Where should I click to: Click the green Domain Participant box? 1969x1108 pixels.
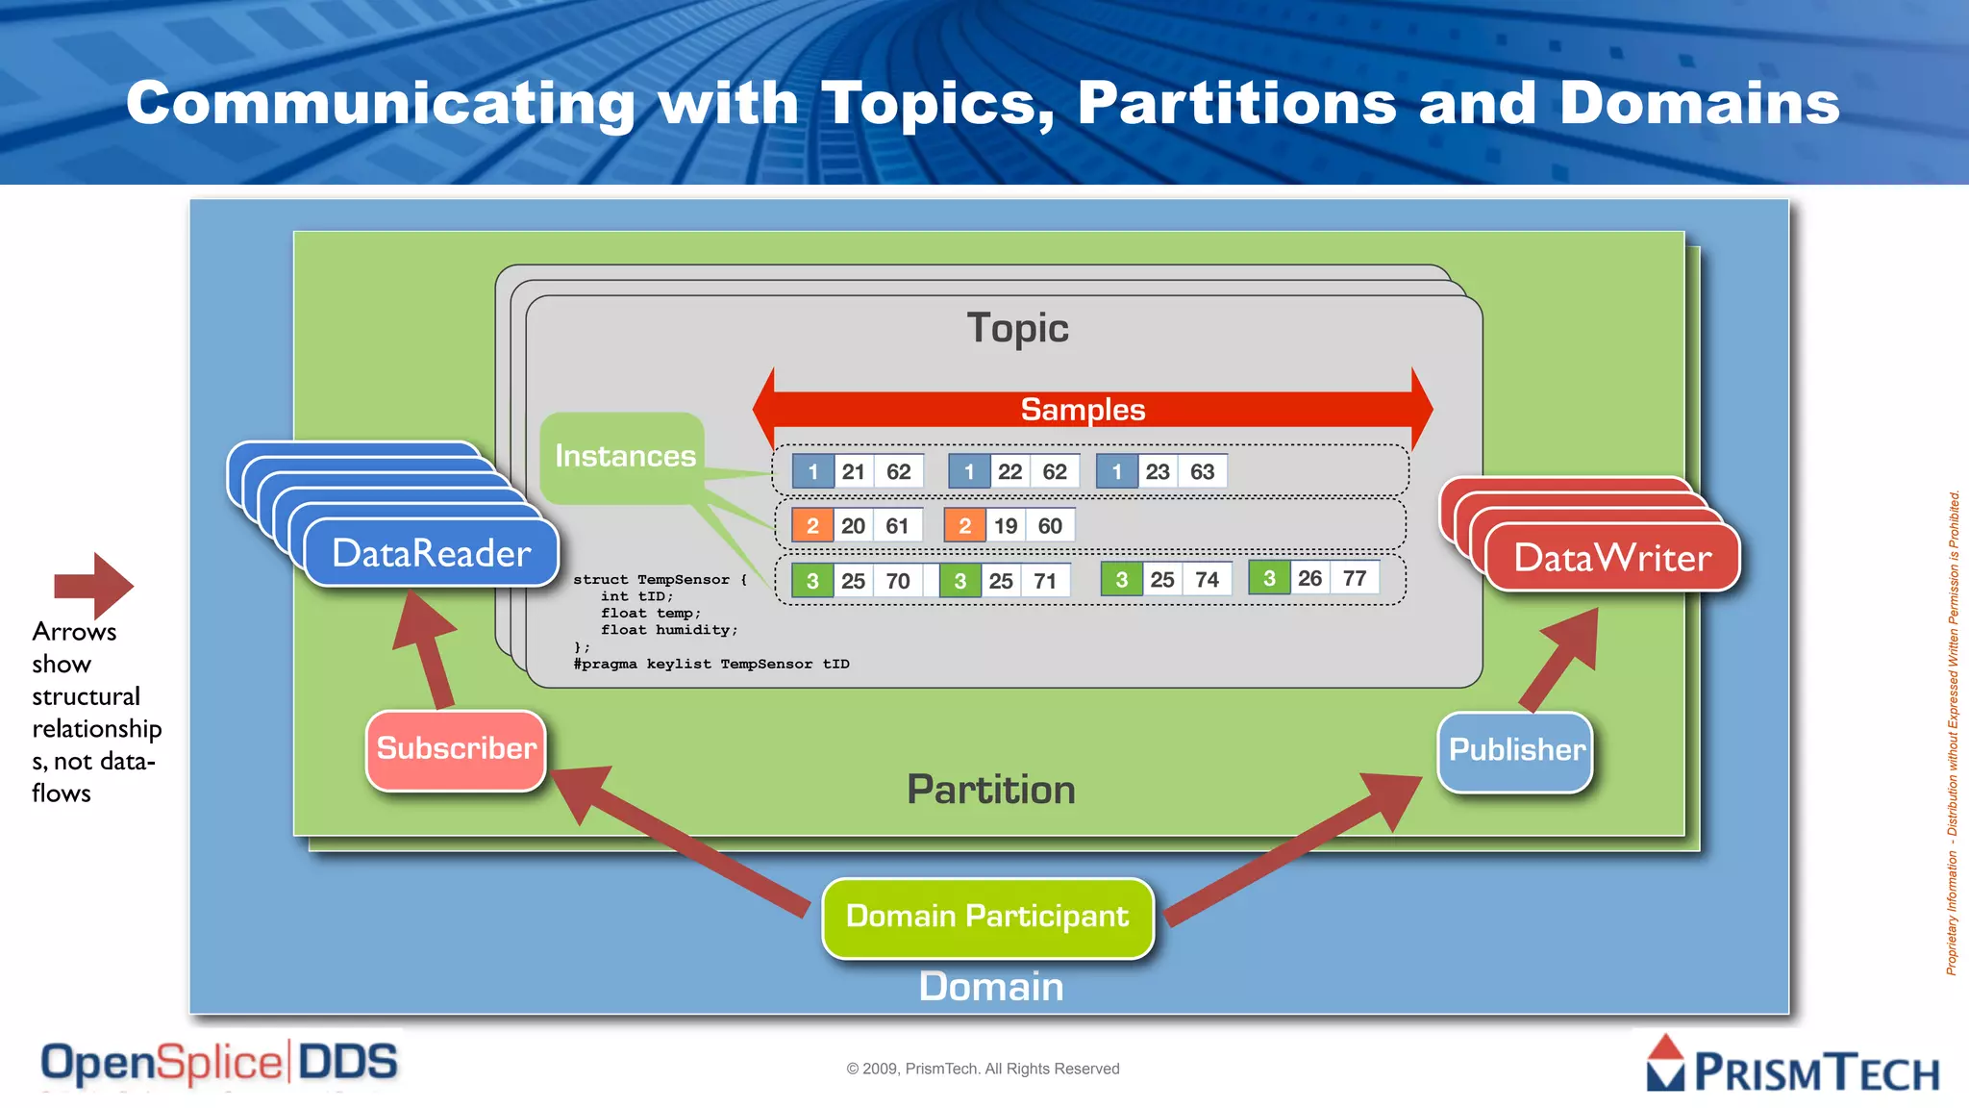(987, 918)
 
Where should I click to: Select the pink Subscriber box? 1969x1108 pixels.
(456, 749)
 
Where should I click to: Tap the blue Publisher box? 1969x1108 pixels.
(1515, 751)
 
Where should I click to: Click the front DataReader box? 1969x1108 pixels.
(432, 554)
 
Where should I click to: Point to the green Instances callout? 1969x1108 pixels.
(624, 456)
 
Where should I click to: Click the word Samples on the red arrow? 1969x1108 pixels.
(1083, 410)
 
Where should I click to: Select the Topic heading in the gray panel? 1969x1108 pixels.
(1017, 328)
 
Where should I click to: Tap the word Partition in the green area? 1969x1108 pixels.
(991, 790)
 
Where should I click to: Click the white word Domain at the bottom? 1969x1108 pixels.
(991, 987)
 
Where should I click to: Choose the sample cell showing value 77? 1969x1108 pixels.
(1355, 578)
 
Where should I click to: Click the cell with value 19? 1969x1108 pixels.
(1006, 526)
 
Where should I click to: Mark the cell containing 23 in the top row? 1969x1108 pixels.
(1158, 471)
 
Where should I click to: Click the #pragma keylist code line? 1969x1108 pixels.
(711, 664)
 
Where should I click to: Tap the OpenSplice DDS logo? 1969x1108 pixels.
(219, 1064)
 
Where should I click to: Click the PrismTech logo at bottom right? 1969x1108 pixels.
(1792, 1065)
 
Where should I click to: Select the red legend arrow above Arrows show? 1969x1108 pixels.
(94, 585)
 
